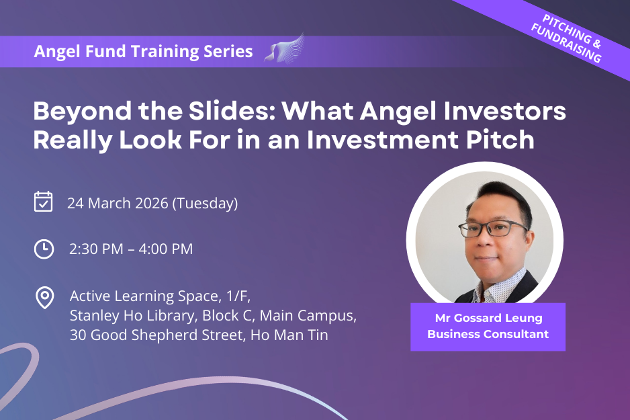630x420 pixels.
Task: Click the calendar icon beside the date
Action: tap(44, 202)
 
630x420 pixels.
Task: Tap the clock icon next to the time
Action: tap(44, 249)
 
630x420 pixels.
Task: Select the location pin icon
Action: tap(44, 298)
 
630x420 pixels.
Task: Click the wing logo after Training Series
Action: tap(284, 49)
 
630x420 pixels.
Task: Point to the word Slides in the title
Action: tap(232, 111)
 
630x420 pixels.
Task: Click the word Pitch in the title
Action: tap(500, 140)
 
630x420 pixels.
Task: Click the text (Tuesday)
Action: tap(205, 204)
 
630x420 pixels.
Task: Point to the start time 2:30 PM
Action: tap(96, 249)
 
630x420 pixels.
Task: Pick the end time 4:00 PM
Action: tap(165, 249)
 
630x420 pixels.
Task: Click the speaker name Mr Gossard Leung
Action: tap(488, 318)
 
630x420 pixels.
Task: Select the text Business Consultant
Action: tap(488, 334)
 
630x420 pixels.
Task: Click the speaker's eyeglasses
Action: tap(492, 229)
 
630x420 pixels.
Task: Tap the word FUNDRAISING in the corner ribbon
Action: tap(566, 43)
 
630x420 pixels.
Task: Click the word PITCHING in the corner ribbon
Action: tap(566, 29)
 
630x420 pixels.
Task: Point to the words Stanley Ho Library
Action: tap(133, 315)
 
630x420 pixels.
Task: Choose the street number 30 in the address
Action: tap(78, 335)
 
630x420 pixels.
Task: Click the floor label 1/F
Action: tap(238, 296)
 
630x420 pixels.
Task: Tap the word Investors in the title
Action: tap(504, 111)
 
